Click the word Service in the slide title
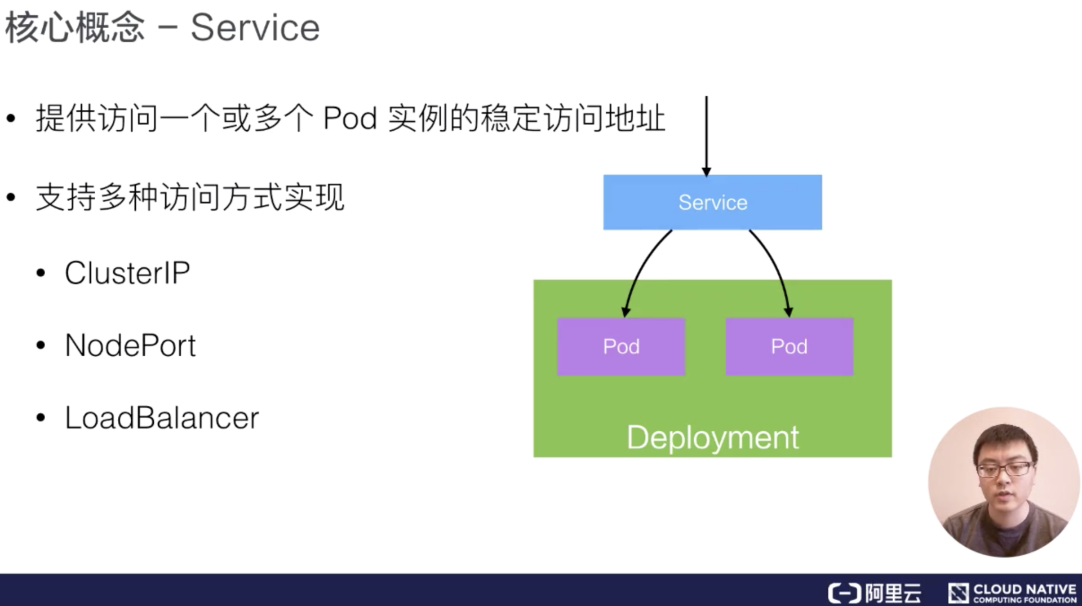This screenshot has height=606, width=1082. point(255,28)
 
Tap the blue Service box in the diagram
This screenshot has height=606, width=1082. point(712,202)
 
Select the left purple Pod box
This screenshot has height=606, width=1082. point(621,347)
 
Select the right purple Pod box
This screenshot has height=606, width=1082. point(789,347)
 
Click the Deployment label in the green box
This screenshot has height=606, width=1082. point(712,437)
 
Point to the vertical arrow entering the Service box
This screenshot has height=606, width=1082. point(706,135)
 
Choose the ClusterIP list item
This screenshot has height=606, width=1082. point(127,273)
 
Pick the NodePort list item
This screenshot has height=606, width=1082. point(130,345)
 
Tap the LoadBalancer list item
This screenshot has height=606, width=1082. point(162,418)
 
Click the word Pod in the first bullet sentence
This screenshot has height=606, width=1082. point(349,119)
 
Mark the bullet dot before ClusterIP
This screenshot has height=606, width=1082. point(41,273)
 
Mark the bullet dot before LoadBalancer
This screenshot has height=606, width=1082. point(41,418)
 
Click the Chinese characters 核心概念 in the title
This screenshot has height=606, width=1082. point(75,28)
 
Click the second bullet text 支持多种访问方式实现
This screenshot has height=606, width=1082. point(190,197)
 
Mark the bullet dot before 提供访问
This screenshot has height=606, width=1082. point(11,119)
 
